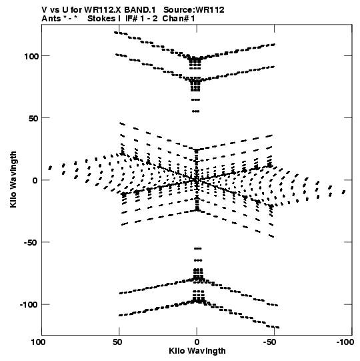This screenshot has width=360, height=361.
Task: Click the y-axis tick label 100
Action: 31,56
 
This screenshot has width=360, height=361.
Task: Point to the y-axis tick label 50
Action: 33,118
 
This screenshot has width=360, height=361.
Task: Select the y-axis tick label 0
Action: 35,180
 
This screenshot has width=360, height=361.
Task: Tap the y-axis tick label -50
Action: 31,243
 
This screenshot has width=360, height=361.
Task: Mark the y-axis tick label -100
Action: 29,305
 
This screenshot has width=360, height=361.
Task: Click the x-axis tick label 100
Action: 39,342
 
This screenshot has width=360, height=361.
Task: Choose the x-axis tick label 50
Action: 117,342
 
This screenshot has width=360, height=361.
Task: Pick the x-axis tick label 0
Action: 197,342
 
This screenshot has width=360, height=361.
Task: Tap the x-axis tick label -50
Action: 270,342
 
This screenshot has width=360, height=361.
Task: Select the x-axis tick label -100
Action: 345,342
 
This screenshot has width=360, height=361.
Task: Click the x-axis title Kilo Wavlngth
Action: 197,351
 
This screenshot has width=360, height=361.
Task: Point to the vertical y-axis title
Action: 13,179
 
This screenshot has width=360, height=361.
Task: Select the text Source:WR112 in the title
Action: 194,10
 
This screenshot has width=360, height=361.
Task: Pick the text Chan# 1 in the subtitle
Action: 179,19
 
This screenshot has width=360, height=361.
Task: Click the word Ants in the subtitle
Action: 51,19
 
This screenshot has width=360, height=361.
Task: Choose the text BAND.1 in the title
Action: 140,10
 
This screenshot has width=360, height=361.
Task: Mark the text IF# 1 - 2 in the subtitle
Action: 141,19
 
